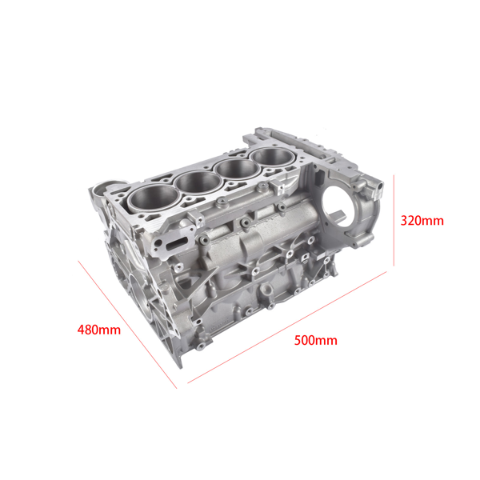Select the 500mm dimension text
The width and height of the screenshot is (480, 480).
[x=315, y=340]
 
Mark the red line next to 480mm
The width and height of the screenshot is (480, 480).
[x=128, y=325]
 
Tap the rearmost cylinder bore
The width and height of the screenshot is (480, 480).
[x=274, y=157]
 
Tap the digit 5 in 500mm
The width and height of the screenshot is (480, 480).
[x=298, y=340]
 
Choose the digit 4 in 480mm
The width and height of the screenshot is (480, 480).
[x=81, y=329]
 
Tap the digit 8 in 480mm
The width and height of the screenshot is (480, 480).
[x=89, y=329]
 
